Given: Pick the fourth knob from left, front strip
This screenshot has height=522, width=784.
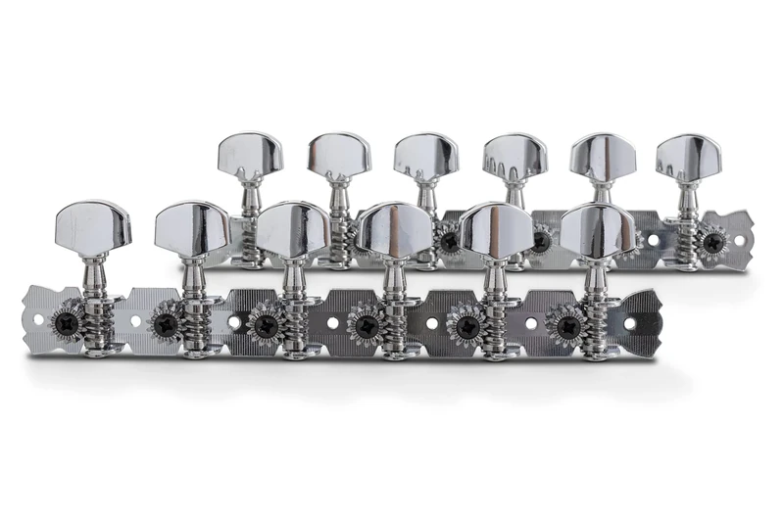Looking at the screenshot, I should (393, 229).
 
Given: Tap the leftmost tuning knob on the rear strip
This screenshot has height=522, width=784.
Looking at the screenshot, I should (250, 155).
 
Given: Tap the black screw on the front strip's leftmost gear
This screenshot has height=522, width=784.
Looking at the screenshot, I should (66, 320).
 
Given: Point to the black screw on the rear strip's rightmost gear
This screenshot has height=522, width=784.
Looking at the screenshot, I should (714, 241).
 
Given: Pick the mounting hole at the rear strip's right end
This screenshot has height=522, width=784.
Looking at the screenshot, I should (739, 239).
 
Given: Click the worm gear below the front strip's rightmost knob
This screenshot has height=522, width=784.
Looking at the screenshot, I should (594, 316).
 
